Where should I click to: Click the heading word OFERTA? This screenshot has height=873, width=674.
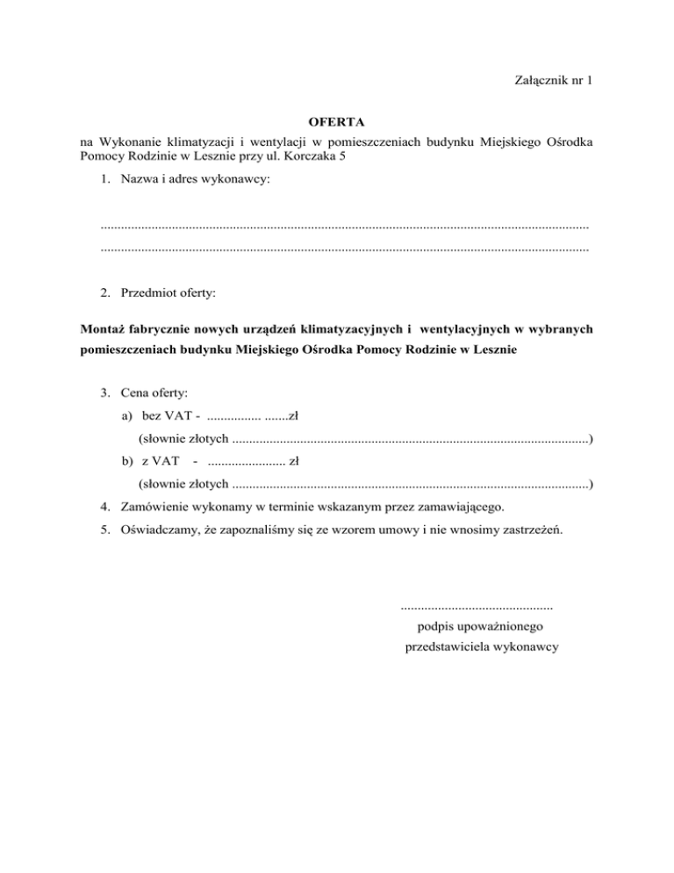point(337,119)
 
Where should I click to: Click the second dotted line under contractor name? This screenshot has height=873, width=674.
point(345,249)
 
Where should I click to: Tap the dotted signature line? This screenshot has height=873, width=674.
point(477,606)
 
